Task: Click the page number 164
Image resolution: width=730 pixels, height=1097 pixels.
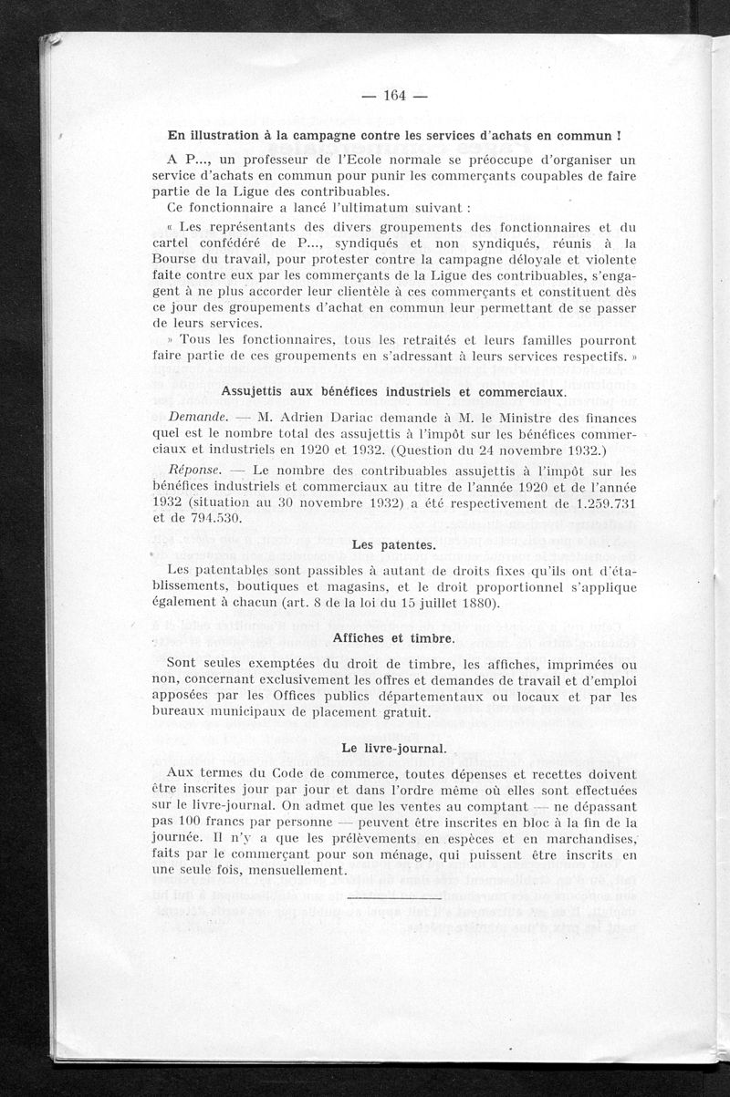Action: (394, 97)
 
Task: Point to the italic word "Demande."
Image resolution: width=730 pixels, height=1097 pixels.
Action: (199, 417)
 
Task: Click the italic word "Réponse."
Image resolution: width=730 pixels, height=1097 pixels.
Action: (197, 471)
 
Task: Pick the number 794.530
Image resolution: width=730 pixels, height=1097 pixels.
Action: (213, 519)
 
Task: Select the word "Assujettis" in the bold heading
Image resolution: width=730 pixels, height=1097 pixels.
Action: (257, 391)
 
